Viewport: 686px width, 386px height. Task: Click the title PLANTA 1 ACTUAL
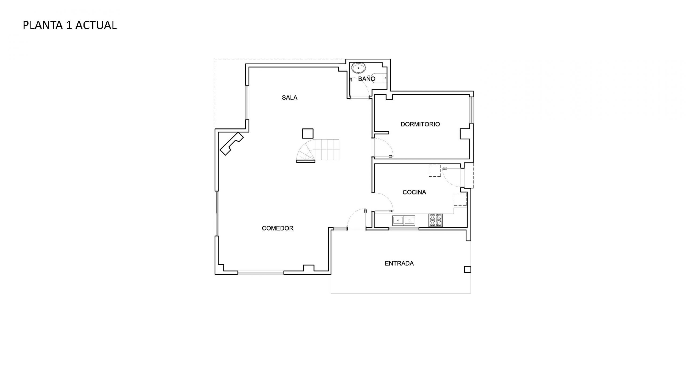click(70, 25)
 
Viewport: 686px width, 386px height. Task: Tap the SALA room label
click(289, 98)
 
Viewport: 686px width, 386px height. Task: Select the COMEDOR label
click(278, 228)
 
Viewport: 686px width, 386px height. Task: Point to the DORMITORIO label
click(420, 124)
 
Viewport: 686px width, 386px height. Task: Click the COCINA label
click(414, 192)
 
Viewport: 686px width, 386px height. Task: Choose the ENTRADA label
click(399, 263)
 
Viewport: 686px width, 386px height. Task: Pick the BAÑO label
click(367, 79)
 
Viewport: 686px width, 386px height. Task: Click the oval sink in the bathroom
click(359, 68)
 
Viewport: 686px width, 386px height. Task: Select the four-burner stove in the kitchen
click(435, 220)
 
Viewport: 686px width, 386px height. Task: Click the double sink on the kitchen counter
click(404, 220)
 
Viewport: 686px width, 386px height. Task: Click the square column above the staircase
click(308, 133)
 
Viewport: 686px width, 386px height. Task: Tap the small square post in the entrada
click(467, 269)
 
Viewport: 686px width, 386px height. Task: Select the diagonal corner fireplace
click(232, 144)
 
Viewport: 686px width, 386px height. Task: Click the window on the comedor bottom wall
click(260, 273)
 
